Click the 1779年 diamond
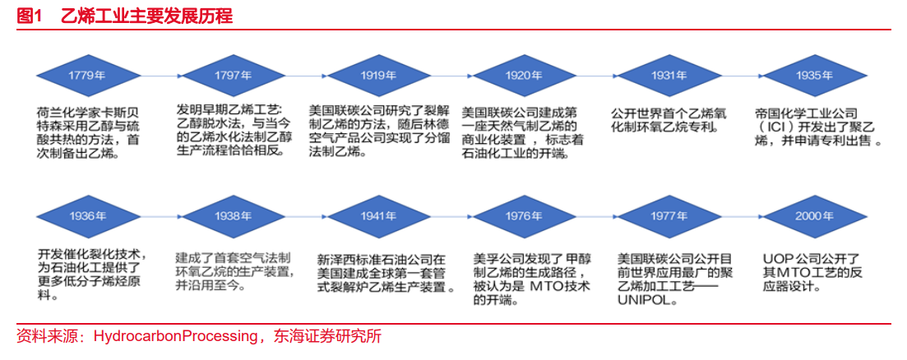[87, 76]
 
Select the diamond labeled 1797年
[233, 76]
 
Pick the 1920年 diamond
[524, 76]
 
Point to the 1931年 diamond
[669, 76]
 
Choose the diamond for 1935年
[814, 76]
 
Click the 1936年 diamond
[87, 217]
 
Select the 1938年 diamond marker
[233, 217]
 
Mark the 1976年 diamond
[524, 217]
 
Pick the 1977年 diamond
[669, 217]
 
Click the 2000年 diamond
[814, 217]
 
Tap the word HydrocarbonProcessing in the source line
[175, 336]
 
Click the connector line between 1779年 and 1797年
[160, 76]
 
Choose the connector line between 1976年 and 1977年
[596, 217]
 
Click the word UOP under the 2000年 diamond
[775, 258]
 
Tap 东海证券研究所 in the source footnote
[327, 336]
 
